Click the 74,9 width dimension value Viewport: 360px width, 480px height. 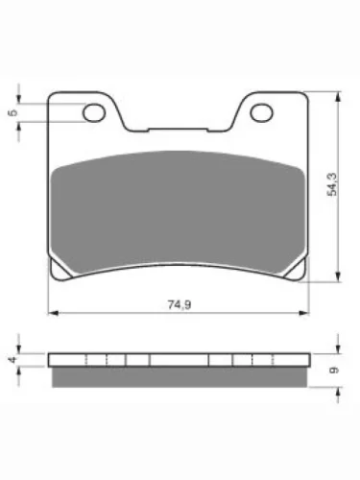(x=180, y=304)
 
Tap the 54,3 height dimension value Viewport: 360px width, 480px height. (x=333, y=184)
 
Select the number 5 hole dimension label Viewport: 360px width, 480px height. (x=12, y=112)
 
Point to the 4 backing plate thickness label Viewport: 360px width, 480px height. (x=12, y=360)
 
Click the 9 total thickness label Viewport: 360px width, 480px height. (x=333, y=370)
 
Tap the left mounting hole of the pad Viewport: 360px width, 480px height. (x=94, y=113)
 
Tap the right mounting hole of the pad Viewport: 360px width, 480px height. (x=262, y=113)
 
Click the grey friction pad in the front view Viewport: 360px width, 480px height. (x=178, y=211)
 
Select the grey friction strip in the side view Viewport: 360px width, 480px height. (x=180, y=377)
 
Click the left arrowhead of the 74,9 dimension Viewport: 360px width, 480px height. (x=53, y=313)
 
